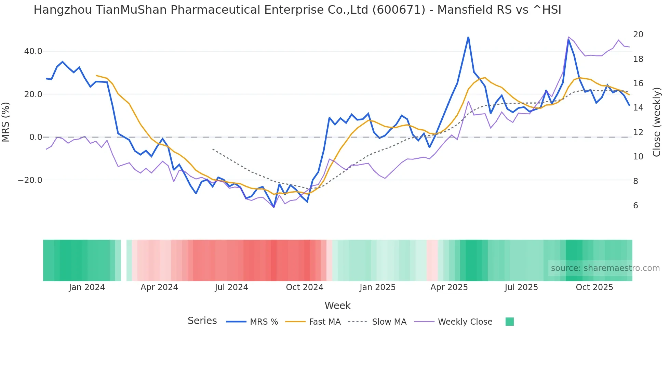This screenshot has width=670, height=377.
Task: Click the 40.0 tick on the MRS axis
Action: click(33, 51)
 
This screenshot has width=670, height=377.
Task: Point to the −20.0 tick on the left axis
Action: click(30, 180)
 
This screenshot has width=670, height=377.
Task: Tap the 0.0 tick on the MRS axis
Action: click(36, 137)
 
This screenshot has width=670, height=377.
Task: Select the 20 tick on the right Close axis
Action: click(638, 35)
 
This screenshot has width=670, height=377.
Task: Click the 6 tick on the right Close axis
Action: click(635, 206)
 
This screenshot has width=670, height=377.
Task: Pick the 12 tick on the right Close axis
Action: click(638, 132)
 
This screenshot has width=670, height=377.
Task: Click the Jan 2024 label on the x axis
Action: click(87, 287)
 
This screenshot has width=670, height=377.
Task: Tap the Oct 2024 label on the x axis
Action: click(305, 287)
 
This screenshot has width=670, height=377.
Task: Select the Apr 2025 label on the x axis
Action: click(449, 287)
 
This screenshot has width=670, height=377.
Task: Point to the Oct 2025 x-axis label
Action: click(594, 287)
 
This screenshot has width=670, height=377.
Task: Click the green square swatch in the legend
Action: click(509, 322)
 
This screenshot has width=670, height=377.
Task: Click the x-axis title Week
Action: click(337, 305)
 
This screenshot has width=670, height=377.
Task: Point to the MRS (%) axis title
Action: click(6, 122)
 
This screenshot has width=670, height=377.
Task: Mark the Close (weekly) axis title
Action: click(657, 122)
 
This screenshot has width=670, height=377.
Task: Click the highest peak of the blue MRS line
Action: click(468, 37)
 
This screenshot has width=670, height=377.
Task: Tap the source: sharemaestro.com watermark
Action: click(605, 268)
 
